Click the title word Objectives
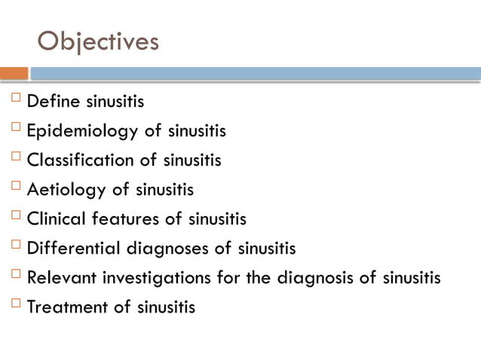coord(98,41)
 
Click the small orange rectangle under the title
coord(14,74)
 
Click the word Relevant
coord(59,277)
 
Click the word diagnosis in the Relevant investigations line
coord(315,277)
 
